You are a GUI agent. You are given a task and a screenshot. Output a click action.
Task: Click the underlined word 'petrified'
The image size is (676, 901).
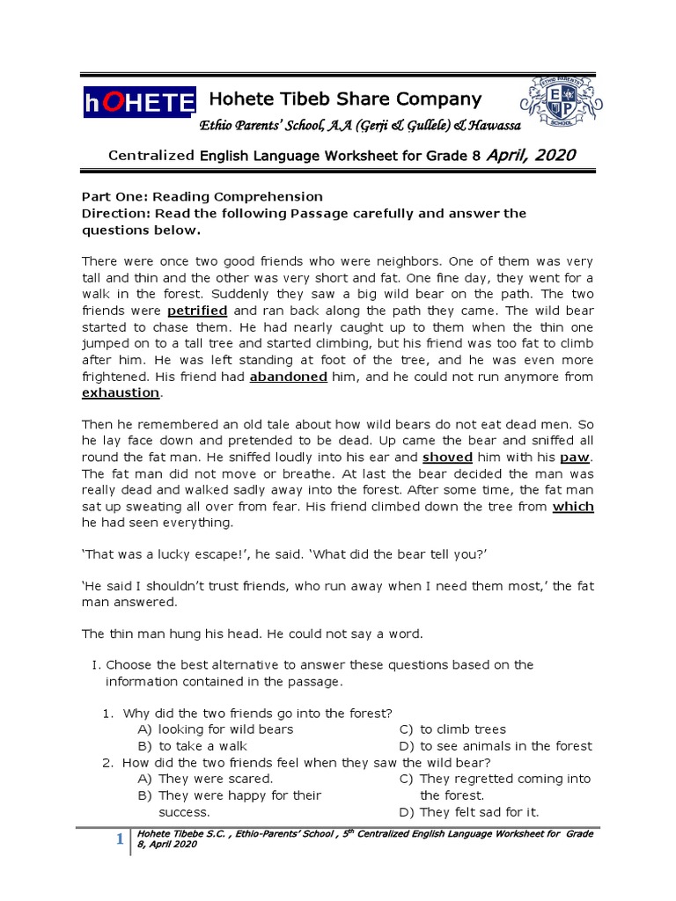pos(197,311)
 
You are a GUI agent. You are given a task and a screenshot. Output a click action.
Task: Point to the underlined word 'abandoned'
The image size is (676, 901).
pos(289,377)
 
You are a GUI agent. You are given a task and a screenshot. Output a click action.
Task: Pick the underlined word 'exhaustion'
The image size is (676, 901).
pos(121,392)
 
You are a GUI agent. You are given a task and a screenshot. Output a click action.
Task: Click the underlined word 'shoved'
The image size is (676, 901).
pos(448,458)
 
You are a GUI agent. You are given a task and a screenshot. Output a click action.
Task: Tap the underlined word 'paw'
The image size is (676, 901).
pos(575,458)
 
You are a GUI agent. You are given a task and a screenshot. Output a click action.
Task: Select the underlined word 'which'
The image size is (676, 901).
pos(573,506)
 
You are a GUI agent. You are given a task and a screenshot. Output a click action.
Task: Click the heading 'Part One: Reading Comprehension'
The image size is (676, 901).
pos(202,197)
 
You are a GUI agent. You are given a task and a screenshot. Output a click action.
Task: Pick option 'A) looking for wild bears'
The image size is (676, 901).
pos(216,729)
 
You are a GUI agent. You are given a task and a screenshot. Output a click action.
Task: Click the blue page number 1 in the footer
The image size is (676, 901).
pos(119,840)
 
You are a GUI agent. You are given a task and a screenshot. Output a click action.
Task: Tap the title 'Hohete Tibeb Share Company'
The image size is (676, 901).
pos(343,99)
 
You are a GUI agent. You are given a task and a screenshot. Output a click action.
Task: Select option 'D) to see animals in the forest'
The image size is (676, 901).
pos(496,746)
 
